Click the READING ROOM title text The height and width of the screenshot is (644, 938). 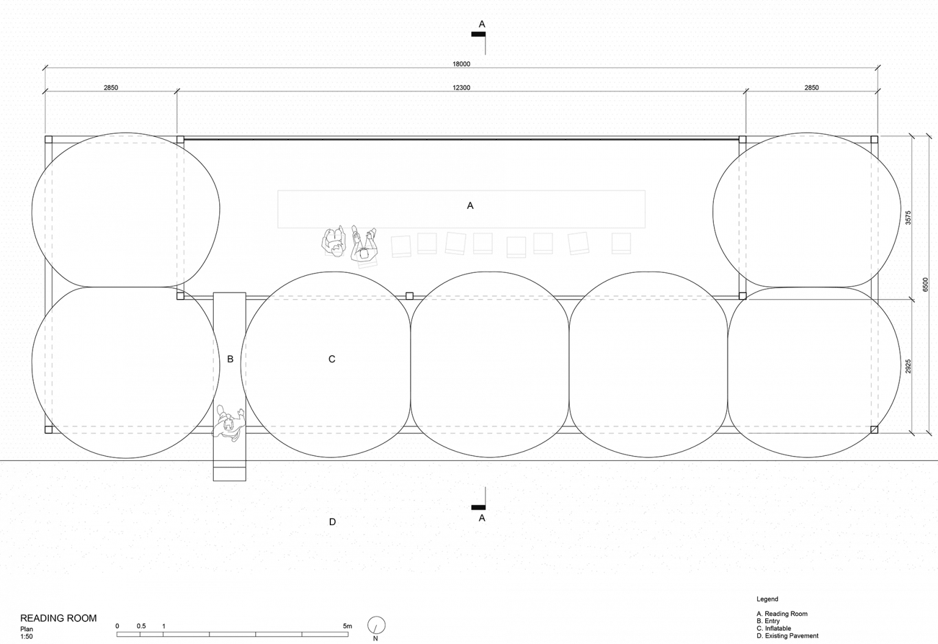point(59,618)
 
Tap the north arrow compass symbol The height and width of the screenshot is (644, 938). point(376,625)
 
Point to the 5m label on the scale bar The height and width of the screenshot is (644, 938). point(347,626)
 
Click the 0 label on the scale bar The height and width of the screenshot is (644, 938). point(117,626)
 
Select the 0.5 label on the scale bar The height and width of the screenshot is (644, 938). point(141,626)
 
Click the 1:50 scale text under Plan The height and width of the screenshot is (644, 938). point(26,637)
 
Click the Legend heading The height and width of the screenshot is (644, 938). point(768,599)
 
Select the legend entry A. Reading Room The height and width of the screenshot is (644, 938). point(782,613)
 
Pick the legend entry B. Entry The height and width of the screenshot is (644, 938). point(768,621)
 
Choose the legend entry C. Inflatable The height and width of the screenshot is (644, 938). point(774,628)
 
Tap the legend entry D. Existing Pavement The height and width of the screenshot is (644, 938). point(788,636)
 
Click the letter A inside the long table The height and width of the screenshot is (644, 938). point(470,206)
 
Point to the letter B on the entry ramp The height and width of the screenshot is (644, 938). point(230,360)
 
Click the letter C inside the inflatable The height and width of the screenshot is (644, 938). point(332,359)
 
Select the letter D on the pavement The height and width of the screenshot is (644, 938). point(333,522)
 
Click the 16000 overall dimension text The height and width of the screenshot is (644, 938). point(461,63)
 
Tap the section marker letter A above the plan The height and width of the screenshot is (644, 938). point(482,24)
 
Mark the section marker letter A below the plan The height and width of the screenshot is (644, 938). point(482,518)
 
